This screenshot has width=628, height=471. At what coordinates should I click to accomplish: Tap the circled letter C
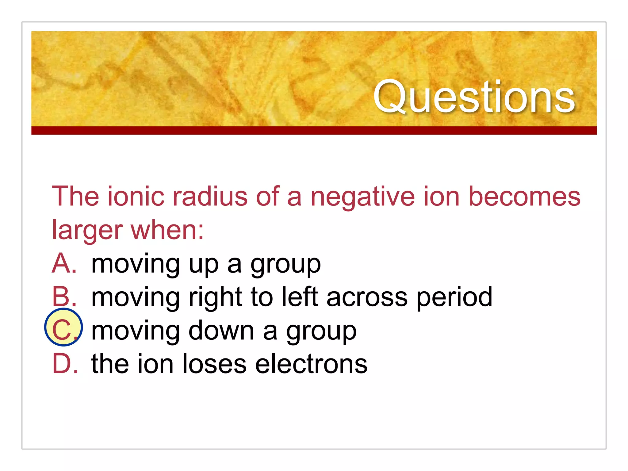tap(63, 327)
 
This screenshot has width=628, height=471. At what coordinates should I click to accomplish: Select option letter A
tap(64, 264)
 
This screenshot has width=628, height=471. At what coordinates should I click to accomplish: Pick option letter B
tap(64, 297)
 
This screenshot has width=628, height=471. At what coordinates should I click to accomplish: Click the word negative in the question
tap(363, 197)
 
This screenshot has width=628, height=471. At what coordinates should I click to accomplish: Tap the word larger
tap(87, 231)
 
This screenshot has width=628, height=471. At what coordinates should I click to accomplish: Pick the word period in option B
tap(454, 297)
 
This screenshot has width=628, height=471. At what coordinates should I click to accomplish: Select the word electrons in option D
tap(311, 364)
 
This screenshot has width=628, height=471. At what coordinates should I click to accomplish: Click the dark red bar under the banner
tap(314, 130)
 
